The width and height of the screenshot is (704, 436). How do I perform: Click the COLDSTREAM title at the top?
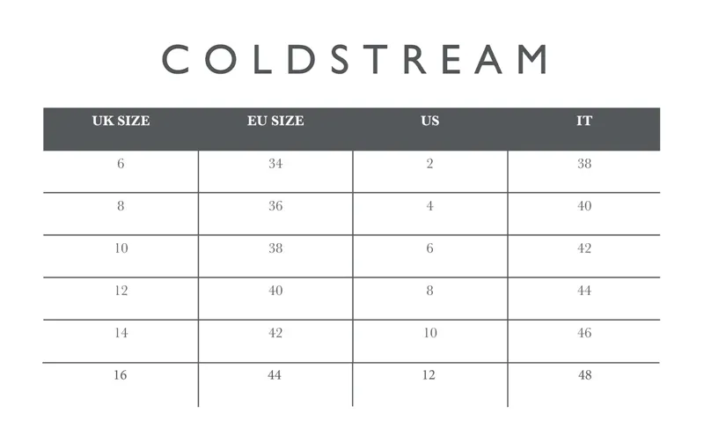pyautogui.click(x=355, y=59)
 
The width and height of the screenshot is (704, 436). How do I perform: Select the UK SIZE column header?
pyautogui.click(x=121, y=122)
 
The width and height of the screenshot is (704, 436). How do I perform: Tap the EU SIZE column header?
pyautogui.click(x=275, y=122)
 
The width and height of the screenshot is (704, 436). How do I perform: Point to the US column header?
pyautogui.click(x=429, y=122)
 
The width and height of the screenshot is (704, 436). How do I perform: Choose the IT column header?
pyautogui.click(x=584, y=122)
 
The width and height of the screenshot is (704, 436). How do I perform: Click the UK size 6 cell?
pyautogui.click(x=121, y=164)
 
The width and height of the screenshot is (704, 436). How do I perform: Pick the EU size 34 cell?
pyautogui.click(x=275, y=164)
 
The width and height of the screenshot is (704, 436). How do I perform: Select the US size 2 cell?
pyautogui.click(x=429, y=164)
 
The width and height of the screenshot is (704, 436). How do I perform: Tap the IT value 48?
pyautogui.click(x=584, y=375)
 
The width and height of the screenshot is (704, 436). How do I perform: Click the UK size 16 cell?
pyautogui.click(x=121, y=375)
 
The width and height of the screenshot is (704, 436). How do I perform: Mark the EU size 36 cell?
pyautogui.click(x=275, y=206)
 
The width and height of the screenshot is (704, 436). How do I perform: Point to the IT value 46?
pyautogui.click(x=584, y=333)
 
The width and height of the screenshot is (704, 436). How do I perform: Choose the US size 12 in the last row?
pyautogui.click(x=429, y=375)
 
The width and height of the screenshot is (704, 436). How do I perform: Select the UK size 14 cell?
pyautogui.click(x=121, y=333)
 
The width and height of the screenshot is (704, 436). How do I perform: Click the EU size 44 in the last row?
pyautogui.click(x=275, y=375)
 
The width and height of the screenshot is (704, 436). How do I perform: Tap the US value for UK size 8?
pyautogui.click(x=429, y=206)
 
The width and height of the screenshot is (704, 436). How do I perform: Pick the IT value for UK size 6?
pyautogui.click(x=584, y=164)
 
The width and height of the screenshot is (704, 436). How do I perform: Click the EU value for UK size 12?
pyautogui.click(x=275, y=291)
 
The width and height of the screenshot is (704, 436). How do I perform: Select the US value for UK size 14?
pyautogui.click(x=429, y=333)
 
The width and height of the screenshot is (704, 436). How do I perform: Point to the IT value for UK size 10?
pyautogui.click(x=584, y=248)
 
